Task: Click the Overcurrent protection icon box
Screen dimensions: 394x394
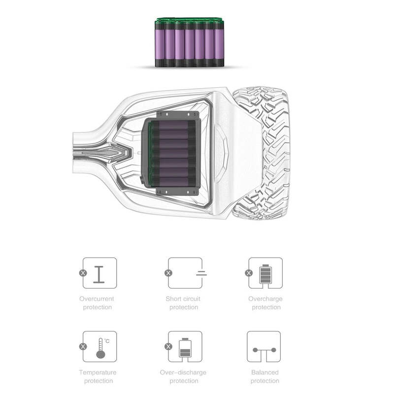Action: pos(100,273)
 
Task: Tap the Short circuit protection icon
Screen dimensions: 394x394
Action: pos(185,273)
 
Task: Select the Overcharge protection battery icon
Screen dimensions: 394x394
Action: pos(265,274)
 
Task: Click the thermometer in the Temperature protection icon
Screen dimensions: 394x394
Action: pos(100,348)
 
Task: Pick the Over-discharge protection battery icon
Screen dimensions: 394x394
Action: pos(185,348)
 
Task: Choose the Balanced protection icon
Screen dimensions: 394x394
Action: pos(264,347)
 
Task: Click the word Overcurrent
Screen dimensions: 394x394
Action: pos(97,299)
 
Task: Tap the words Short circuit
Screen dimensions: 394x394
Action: pos(183,299)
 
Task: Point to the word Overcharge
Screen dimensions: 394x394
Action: pos(265,299)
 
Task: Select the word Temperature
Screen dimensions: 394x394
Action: pos(98,372)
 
